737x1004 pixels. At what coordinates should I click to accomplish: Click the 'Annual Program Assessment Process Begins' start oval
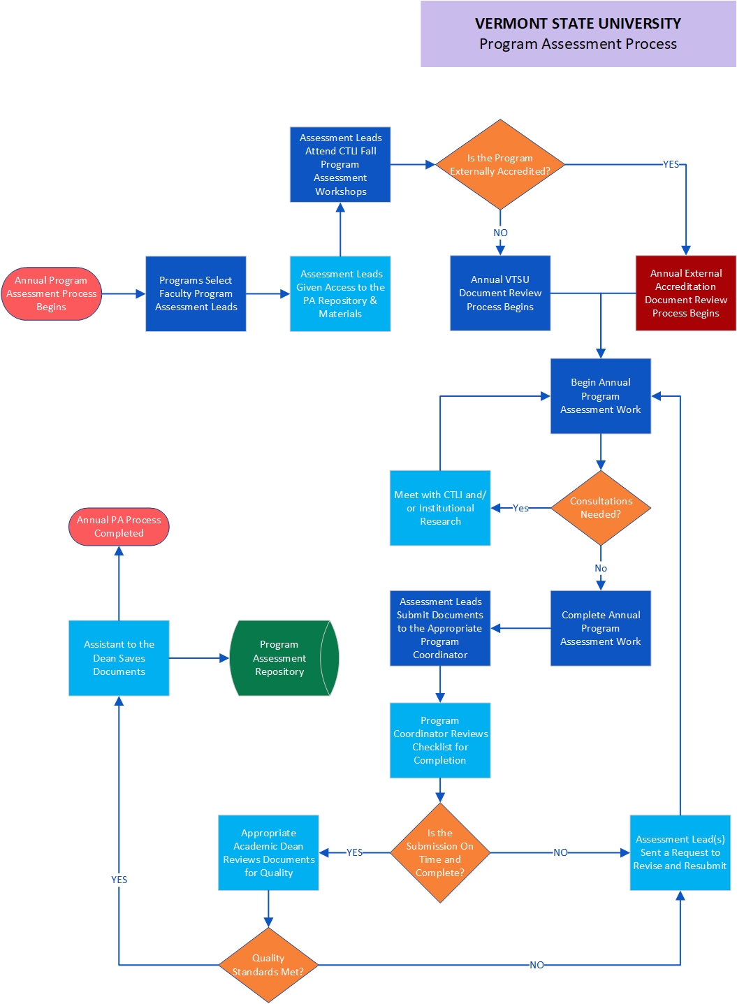[x=52, y=293]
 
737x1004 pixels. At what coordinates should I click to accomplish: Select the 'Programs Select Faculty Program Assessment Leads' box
[x=196, y=293]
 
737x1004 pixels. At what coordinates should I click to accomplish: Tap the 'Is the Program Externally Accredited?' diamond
[x=500, y=165]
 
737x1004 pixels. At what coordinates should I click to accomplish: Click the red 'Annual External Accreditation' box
[x=685, y=293]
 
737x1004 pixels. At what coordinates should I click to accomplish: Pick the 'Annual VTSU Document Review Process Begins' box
[x=500, y=293]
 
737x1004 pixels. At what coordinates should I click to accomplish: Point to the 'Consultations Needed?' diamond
[x=601, y=508]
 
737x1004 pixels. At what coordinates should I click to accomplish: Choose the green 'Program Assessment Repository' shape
[x=279, y=658]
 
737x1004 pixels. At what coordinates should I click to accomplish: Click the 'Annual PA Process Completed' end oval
[x=119, y=527]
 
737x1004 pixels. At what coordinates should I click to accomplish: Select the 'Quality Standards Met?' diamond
[x=268, y=965]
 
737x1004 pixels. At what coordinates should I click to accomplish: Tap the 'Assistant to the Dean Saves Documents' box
[x=119, y=658]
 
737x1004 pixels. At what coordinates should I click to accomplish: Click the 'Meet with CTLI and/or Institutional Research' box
[x=440, y=508]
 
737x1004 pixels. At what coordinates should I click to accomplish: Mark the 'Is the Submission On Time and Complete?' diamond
[x=440, y=852]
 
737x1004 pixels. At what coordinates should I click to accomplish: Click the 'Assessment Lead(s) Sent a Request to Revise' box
[x=680, y=852]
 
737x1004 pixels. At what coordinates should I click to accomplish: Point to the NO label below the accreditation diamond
[x=500, y=233]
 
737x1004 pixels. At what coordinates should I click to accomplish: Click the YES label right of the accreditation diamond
[x=671, y=164]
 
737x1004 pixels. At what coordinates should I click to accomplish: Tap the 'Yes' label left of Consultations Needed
[x=520, y=508]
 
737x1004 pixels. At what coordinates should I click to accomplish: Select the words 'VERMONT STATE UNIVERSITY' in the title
[x=578, y=24]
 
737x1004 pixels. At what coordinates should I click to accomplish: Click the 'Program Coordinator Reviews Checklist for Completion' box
[x=440, y=741]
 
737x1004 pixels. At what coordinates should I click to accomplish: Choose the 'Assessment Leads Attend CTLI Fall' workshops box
[x=340, y=165]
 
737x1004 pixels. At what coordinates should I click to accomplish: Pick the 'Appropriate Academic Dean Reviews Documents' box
[x=268, y=852]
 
